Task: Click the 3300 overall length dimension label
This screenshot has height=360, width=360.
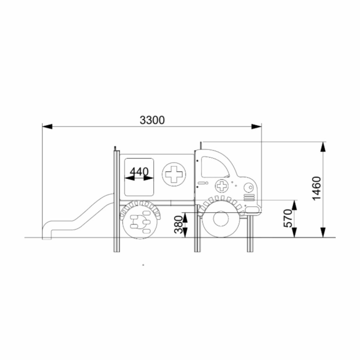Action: pos(152,120)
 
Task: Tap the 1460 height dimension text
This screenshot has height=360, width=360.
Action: pos(317,188)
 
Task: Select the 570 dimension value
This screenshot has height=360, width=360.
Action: pos(289,218)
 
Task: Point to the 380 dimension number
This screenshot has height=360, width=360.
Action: pos(179,224)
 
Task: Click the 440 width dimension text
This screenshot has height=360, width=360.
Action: pos(139,172)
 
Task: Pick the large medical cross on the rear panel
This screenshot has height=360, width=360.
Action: pos(174,174)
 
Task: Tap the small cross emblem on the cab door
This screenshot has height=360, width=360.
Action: pos(222,186)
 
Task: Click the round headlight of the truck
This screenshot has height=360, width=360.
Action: pos(248,188)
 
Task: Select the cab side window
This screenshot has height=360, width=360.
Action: pos(215,167)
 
